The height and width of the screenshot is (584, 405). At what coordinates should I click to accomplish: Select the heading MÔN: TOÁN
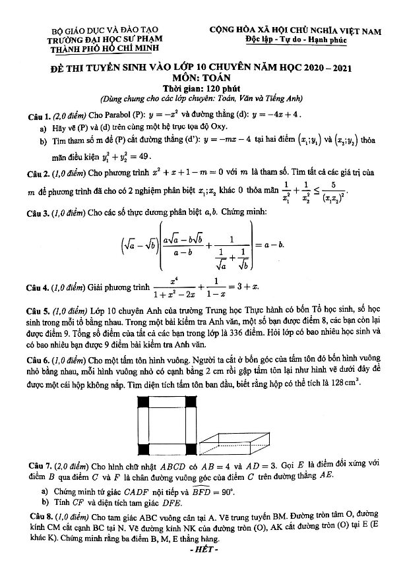tap(202, 77)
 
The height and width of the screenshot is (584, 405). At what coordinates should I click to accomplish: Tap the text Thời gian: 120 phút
tap(202, 88)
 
